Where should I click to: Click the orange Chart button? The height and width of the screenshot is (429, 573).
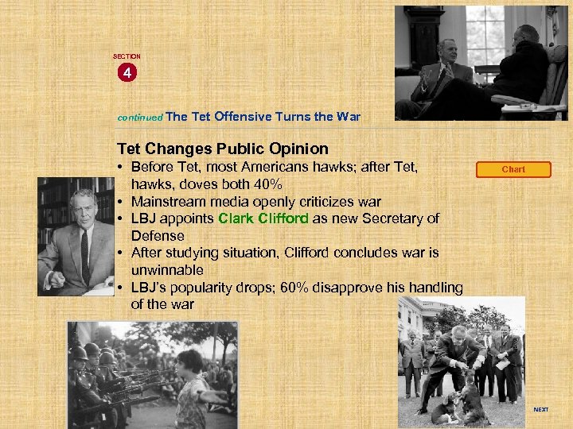[x=513, y=169]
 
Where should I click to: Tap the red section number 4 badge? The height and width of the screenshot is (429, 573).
[x=127, y=73]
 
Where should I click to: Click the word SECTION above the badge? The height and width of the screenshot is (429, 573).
[x=127, y=56]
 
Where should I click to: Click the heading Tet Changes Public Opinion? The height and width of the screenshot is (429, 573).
[x=222, y=149]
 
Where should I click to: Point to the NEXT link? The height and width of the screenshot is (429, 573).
[x=540, y=410]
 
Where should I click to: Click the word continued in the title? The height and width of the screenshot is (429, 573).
[x=140, y=117]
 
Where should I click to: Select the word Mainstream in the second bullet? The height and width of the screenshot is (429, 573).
[x=169, y=202]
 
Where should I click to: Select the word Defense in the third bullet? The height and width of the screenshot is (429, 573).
[x=158, y=236]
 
